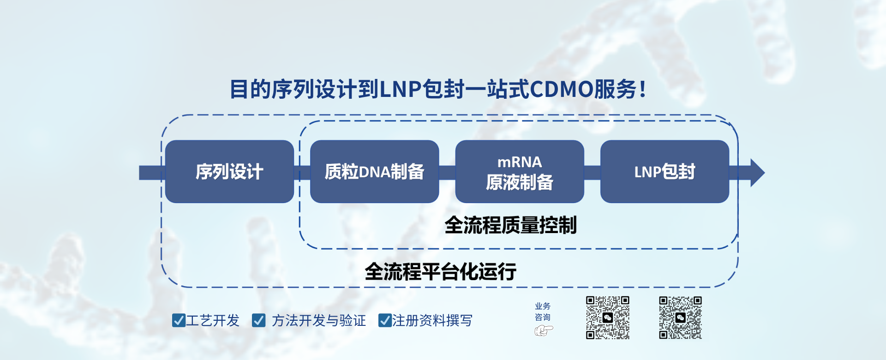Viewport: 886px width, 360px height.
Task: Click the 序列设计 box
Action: click(x=229, y=172)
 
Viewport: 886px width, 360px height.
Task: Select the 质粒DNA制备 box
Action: click(x=374, y=172)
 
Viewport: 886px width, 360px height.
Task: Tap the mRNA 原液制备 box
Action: click(x=520, y=172)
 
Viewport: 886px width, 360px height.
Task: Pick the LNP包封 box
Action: click(x=664, y=172)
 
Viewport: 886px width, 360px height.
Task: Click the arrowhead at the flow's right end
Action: click(x=757, y=173)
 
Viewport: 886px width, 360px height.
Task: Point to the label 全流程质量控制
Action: click(x=510, y=225)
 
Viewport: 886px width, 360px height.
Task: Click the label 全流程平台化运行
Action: click(x=440, y=271)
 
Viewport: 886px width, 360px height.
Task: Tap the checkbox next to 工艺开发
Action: click(x=179, y=320)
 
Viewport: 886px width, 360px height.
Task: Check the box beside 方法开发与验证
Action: click(x=258, y=320)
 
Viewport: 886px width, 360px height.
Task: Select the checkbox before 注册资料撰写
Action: click(x=385, y=320)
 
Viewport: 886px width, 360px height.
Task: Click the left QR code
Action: click(x=608, y=318)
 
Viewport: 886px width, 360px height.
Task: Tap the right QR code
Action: click(x=680, y=318)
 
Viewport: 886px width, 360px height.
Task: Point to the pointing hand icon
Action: click(x=544, y=330)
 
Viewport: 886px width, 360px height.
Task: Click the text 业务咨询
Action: click(x=543, y=312)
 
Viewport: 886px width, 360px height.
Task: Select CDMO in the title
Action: click(x=561, y=89)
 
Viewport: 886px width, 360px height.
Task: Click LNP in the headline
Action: click(x=400, y=89)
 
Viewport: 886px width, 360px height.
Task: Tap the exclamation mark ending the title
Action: click(x=643, y=89)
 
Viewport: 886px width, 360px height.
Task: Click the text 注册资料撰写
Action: click(x=432, y=320)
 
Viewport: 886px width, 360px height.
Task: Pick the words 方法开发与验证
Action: click(x=318, y=320)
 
